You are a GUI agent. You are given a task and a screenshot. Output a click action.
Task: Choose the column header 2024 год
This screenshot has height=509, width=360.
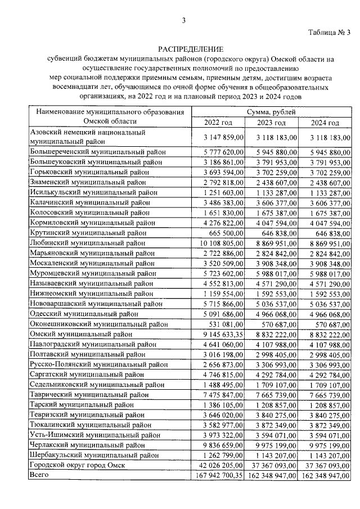click(x=325, y=123)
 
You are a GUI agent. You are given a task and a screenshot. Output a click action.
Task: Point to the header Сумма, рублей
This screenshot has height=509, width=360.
click(x=272, y=112)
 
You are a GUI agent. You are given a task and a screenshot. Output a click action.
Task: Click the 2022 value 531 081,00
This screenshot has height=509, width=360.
click(x=225, y=324)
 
